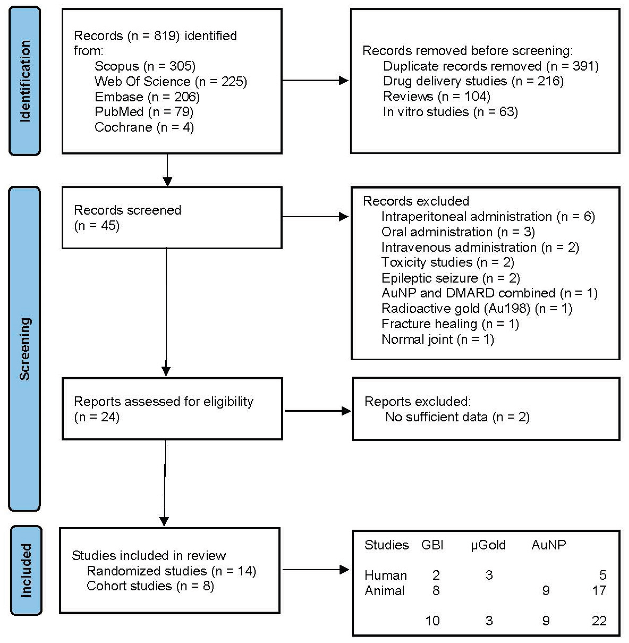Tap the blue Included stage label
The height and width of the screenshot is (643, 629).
tap(26, 570)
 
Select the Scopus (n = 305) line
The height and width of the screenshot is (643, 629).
tap(145, 66)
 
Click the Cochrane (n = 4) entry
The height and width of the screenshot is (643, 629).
tap(144, 127)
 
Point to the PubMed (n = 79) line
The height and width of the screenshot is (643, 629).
tap(144, 112)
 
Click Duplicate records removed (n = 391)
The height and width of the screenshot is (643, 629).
tap(491, 66)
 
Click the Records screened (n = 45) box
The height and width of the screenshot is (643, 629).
tap(172, 218)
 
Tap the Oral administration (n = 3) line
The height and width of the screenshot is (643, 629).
tap(458, 232)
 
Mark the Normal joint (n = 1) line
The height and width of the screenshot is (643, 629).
tap(438, 339)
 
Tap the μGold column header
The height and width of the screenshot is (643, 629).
tap(488, 545)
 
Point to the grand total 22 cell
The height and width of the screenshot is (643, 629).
tap(599, 621)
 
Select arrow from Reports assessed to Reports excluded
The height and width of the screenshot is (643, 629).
tap(318, 411)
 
